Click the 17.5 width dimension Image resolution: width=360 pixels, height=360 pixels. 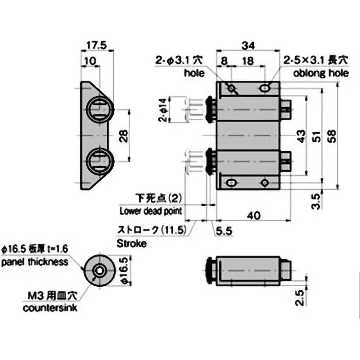95,45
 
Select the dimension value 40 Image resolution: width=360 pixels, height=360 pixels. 255,216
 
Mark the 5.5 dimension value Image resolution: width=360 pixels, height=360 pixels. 224,232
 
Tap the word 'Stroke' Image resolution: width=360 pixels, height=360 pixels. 131,244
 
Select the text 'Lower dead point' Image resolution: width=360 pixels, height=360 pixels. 150,211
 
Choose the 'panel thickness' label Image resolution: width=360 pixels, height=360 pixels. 35,262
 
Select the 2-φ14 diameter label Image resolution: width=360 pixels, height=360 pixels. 163,110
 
